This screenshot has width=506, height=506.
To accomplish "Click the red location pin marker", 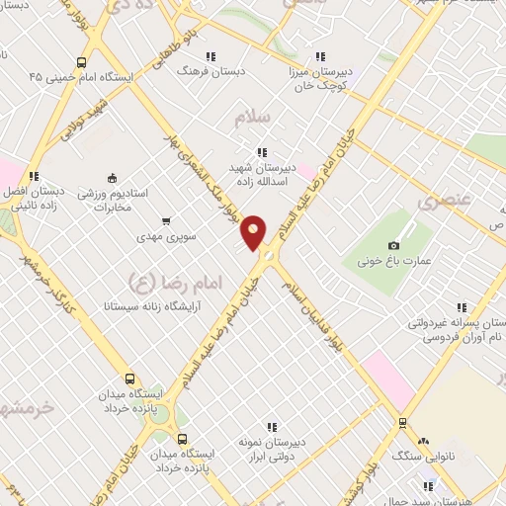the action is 254,232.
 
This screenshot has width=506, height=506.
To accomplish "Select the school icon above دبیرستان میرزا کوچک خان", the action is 319,56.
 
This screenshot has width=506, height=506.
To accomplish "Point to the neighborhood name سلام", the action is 252,119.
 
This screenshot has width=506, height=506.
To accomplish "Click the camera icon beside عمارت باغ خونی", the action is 393,244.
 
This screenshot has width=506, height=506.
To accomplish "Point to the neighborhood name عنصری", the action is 439,204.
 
